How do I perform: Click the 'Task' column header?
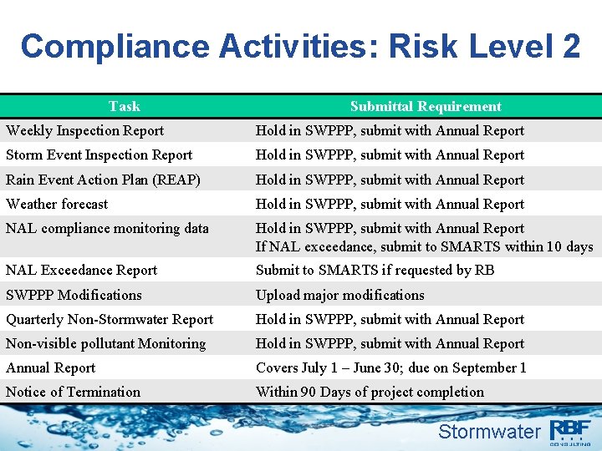(124, 106)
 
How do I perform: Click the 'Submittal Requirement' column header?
(426, 106)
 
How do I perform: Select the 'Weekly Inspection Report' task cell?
(84, 130)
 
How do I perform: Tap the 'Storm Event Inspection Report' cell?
(99, 155)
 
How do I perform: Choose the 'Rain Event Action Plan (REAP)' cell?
(103, 180)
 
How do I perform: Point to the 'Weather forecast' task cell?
(57, 204)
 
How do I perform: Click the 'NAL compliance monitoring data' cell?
(107, 228)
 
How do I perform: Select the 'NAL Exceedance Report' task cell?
(81, 270)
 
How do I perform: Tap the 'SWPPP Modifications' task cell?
(74, 295)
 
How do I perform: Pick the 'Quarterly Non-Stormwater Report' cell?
(110, 319)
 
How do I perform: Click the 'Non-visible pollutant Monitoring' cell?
(105, 343)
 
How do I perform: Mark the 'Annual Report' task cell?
(51, 367)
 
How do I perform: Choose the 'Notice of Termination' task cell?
(73, 392)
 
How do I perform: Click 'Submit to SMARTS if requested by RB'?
(375, 270)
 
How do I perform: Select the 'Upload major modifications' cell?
(339, 295)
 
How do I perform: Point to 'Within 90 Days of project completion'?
(370, 392)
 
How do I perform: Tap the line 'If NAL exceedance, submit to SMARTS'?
(424, 246)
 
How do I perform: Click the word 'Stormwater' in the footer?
(489, 431)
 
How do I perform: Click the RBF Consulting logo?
(571, 431)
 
